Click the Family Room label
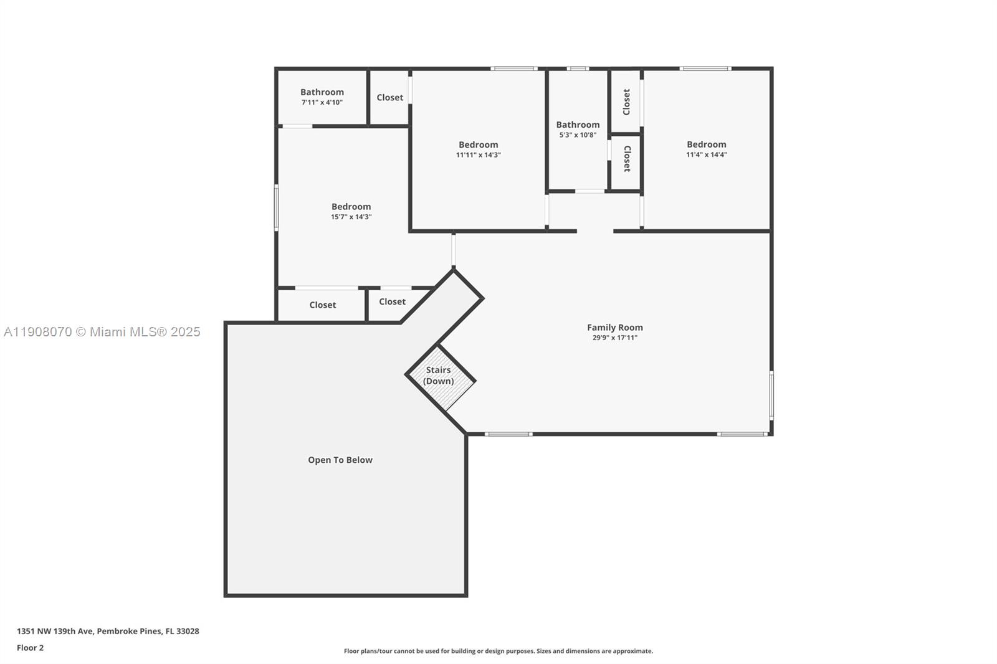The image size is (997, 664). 614,327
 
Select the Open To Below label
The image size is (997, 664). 340,460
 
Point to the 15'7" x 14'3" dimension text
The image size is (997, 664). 351,217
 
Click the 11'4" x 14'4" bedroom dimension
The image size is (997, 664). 706,154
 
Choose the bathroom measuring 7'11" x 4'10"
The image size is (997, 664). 322,97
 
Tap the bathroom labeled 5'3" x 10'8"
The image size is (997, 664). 578,129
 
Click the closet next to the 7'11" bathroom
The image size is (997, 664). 389,97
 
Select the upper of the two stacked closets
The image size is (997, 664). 626,102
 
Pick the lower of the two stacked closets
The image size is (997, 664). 626,159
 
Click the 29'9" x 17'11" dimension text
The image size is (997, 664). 614,338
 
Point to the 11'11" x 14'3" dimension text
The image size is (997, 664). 478,154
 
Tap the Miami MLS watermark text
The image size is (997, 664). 102,332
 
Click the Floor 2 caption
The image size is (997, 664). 30,648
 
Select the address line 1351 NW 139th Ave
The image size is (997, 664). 108,631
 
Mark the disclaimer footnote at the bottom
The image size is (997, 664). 499,651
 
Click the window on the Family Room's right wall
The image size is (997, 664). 771,395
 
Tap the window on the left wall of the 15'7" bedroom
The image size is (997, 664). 276,207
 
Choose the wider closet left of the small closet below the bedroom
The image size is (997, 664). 322,305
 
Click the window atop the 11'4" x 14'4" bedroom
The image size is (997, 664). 705,69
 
